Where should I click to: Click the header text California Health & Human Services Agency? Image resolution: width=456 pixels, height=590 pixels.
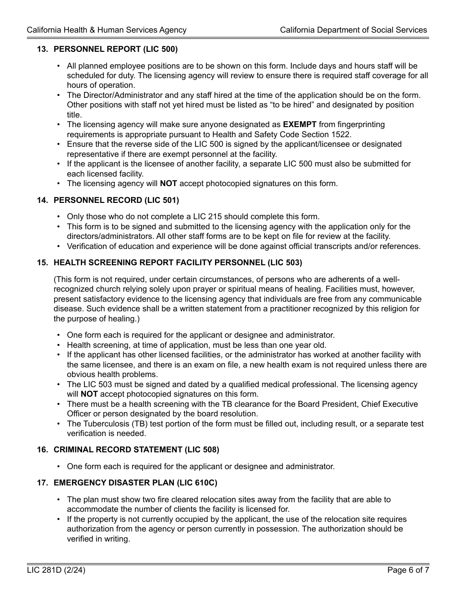coord(107,30)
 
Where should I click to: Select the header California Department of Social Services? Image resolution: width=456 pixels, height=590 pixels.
coord(353,30)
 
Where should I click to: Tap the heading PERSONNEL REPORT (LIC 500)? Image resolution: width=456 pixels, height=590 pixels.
coord(115,49)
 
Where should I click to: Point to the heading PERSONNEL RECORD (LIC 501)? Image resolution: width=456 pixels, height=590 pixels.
coord(116,200)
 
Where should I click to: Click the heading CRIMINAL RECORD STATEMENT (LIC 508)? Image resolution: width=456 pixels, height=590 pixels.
coord(136,449)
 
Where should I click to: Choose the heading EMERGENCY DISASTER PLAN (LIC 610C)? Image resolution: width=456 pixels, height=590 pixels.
coord(135,483)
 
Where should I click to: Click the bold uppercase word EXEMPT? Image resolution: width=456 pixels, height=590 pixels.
coord(300,125)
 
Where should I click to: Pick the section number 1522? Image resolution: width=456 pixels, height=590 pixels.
coord(342,134)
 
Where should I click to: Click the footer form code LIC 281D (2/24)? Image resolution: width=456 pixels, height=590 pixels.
coord(56,570)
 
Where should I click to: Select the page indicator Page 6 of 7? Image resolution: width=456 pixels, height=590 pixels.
coord(408,570)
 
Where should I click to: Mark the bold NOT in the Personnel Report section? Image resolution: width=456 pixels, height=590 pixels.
coord(168,183)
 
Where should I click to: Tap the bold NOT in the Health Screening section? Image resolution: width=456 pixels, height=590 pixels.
coord(89,394)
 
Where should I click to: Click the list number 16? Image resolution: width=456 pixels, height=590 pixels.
coord(42,449)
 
